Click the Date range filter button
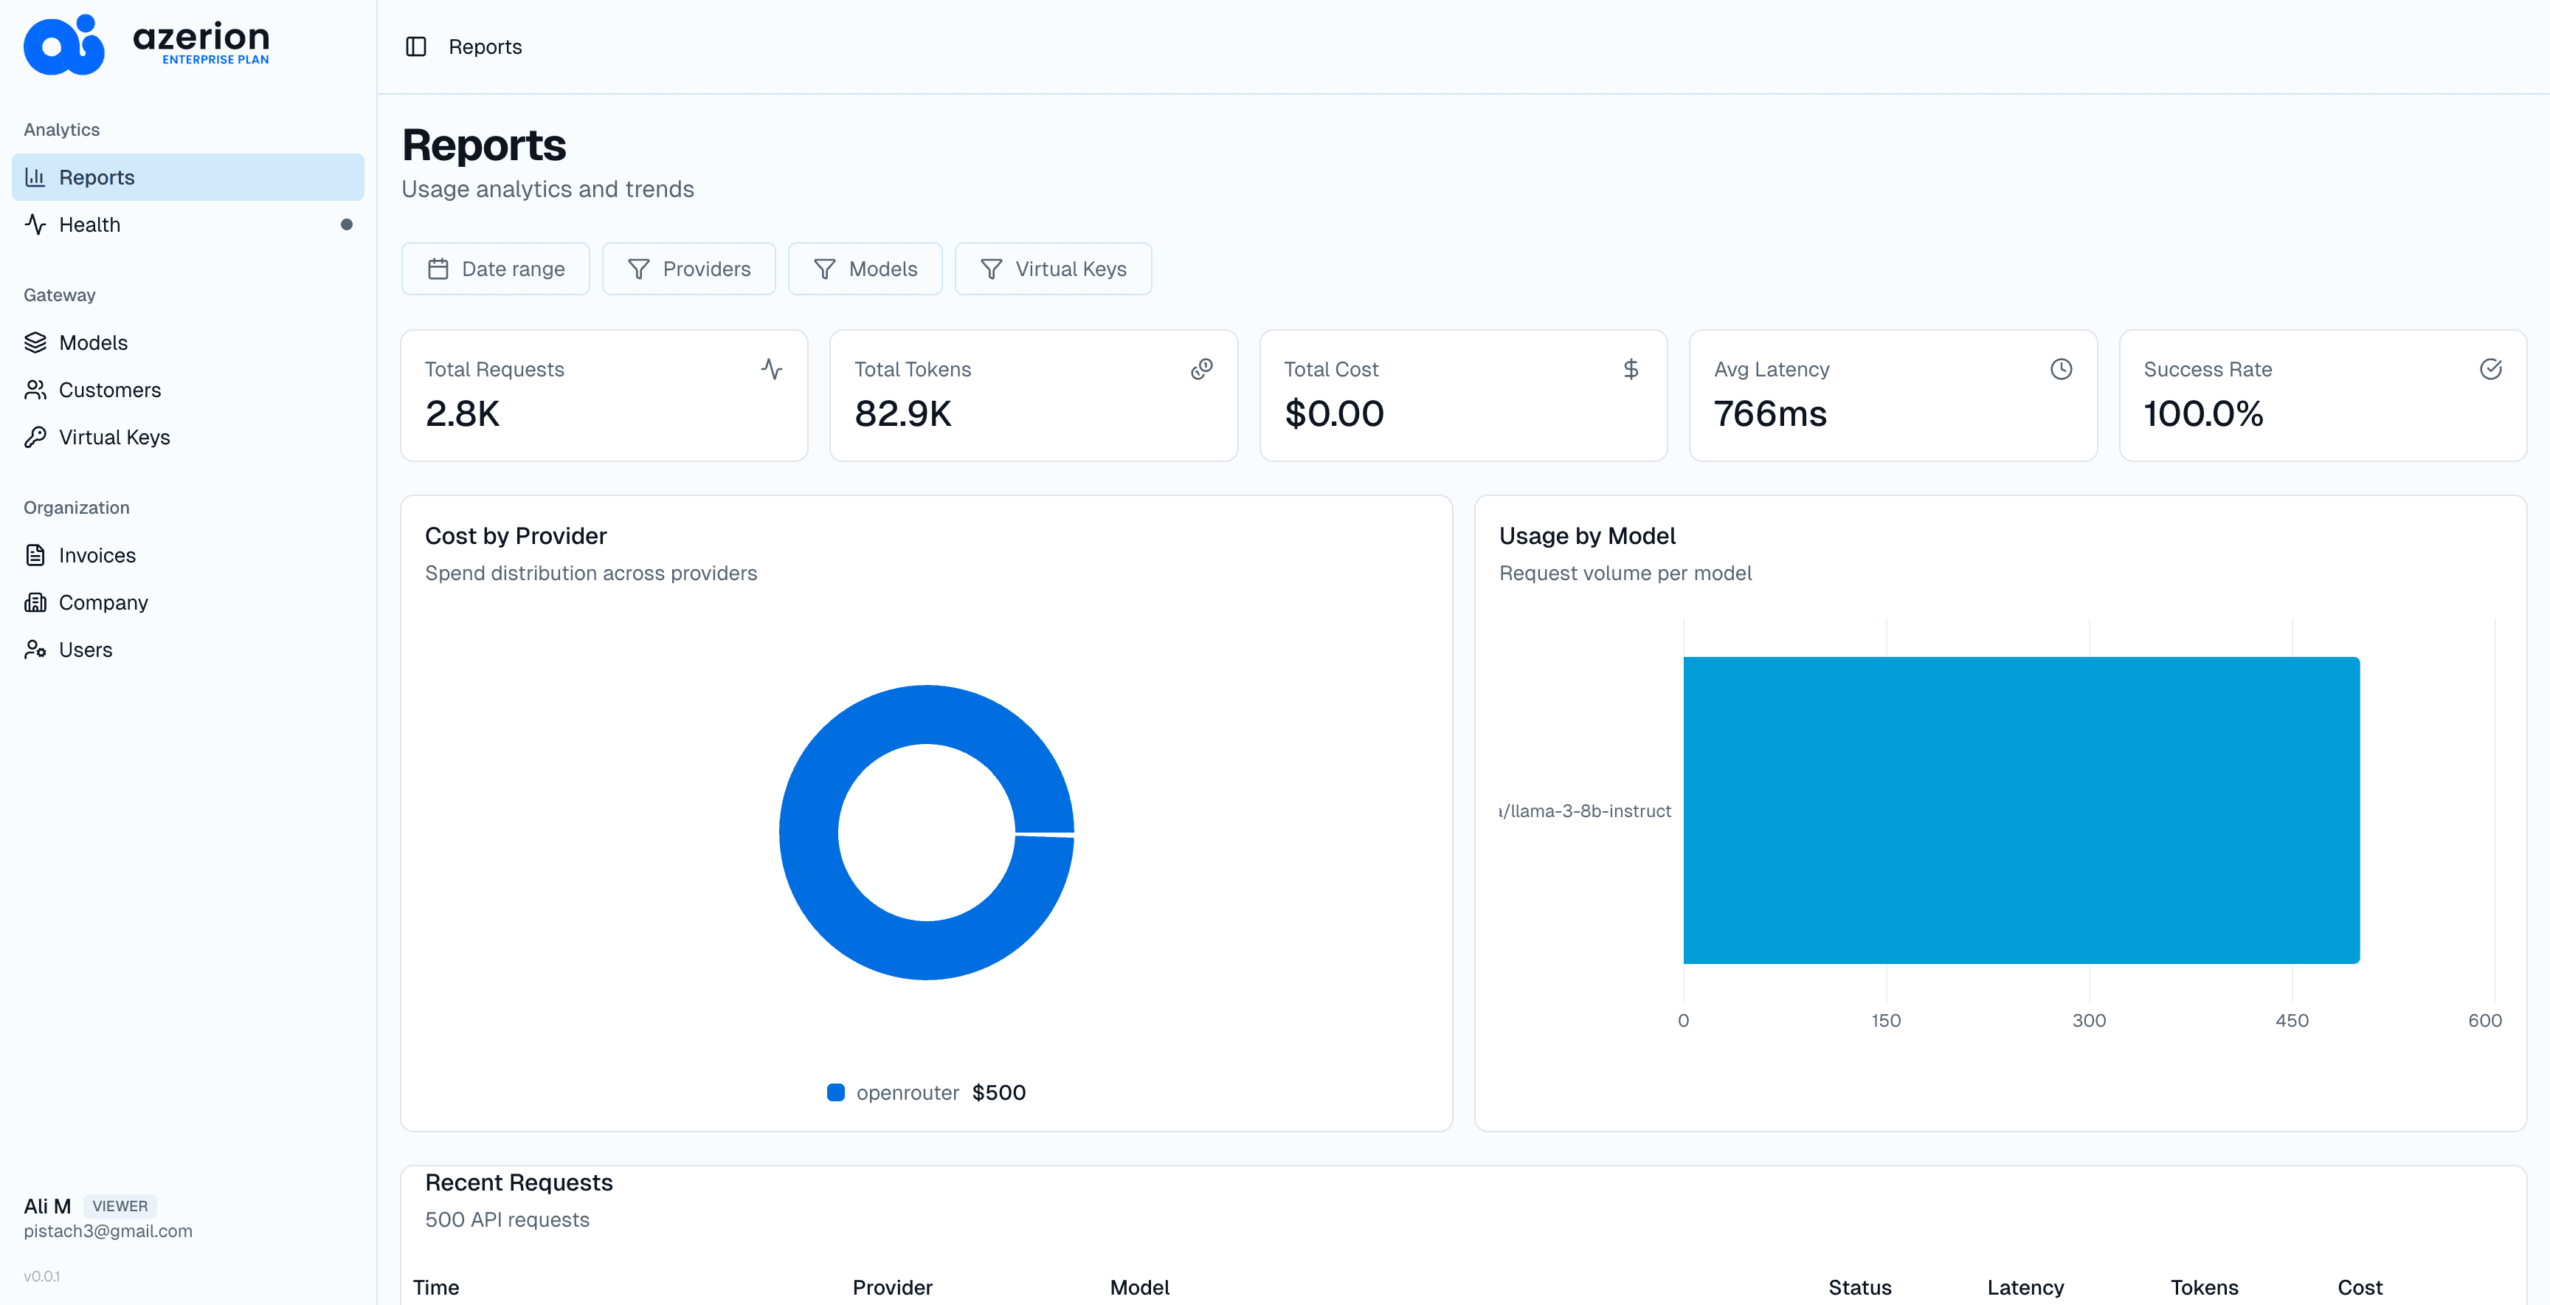(x=495, y=269)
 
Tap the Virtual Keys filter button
(x=1052, y=269)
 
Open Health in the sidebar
(x=89, y=225)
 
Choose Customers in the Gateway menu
(x=109, y=390)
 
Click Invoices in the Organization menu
(x=97, y=556)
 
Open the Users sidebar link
(x=85, y=650)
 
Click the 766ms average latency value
(x=1770, y=414)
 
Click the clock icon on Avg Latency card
(x=2061, y=369)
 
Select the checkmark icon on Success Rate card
(x=2491, y=369)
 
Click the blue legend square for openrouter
(x=835, y=1092)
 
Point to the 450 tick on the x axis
(x=2292, y=1021)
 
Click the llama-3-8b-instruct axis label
(x=1585, y=811)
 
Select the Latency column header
(x=2025, y=1287)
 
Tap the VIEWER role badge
(x=120, y=1206)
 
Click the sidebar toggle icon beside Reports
(x=415, y=47)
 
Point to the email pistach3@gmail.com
(x=108, y=1230)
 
